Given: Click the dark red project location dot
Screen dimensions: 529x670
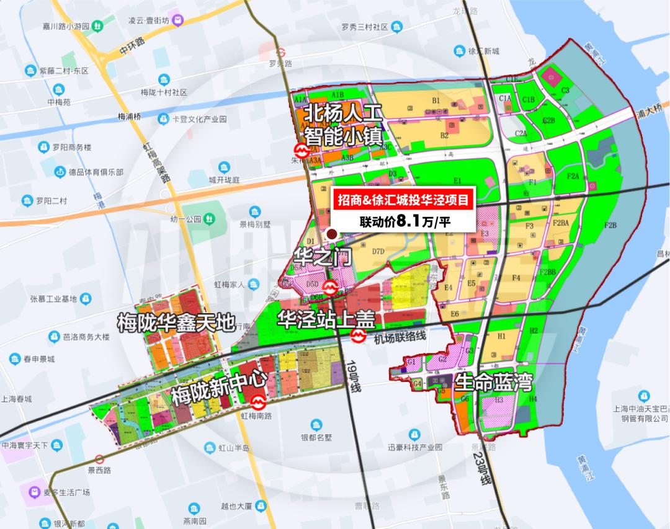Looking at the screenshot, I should point(332,234).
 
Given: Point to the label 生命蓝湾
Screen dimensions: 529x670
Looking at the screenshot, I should point(494,381).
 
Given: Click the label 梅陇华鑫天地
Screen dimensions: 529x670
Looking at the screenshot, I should point(176,322).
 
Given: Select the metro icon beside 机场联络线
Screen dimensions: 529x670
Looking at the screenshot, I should point(358,337).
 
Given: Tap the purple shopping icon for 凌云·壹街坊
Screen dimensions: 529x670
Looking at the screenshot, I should point(178,21).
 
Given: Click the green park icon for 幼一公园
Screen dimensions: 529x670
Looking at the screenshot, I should point(210,219).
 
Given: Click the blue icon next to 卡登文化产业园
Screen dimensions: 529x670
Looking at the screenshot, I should point(163,118).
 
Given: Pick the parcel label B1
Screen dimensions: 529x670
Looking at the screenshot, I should point(436,100).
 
